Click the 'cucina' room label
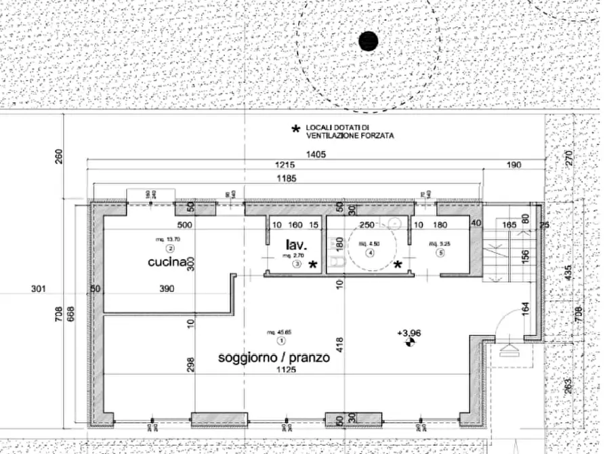167,262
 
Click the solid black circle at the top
368,41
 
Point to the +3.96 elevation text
409,333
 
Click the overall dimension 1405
316,154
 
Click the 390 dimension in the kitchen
167,289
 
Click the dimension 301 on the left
39,289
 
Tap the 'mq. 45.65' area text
274,332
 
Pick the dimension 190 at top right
513,165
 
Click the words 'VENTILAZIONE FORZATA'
350,136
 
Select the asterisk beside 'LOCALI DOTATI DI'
295,128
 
